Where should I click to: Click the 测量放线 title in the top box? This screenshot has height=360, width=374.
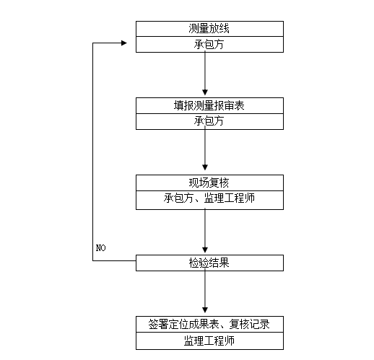pos(209,30)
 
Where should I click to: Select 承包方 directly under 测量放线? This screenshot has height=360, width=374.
pos(209,44)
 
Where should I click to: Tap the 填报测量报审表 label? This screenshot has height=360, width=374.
pos(209,105)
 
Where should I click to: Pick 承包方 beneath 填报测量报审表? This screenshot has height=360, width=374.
pos(209,120)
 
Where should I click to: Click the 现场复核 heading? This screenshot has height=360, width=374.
pos(209,182)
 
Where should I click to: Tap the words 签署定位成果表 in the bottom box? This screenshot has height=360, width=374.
pos(180,323)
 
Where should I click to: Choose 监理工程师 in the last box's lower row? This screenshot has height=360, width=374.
pos(209,340)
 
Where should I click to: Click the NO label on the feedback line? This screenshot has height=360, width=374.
pos(100,248)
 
